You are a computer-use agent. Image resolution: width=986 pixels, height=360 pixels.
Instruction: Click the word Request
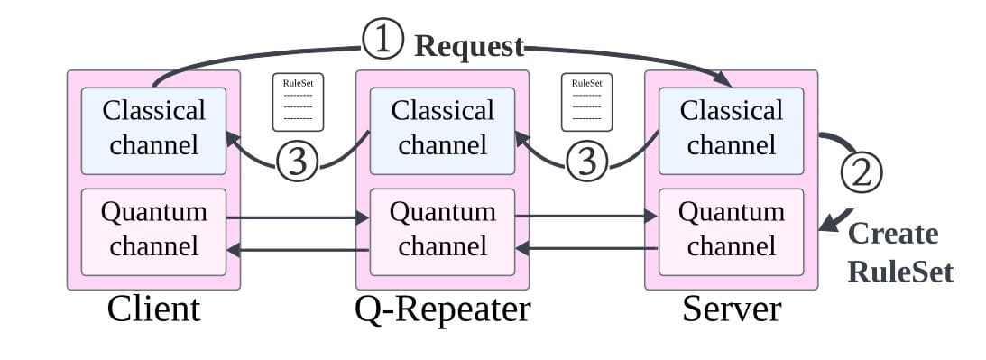468,46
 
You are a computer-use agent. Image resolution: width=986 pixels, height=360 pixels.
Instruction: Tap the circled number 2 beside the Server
862,171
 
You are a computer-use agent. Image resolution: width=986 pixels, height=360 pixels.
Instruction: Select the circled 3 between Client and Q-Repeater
299,162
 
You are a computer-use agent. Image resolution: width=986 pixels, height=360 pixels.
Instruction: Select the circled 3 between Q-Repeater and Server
587,162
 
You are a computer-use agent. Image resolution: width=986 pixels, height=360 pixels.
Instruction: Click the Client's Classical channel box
153,129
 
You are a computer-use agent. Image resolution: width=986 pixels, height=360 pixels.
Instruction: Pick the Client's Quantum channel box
153,230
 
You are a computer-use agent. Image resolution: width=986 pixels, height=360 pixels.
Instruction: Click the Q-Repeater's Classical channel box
442,129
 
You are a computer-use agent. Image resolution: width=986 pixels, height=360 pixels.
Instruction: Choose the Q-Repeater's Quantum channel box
442,230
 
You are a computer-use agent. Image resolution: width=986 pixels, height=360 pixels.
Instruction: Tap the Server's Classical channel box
731,129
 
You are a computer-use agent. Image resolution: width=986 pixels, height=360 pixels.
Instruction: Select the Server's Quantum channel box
731,230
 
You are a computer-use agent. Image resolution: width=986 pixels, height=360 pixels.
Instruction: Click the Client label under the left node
153,309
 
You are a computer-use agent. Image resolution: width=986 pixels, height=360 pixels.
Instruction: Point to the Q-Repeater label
442,309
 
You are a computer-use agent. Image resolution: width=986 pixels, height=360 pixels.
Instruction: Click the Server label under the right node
731,309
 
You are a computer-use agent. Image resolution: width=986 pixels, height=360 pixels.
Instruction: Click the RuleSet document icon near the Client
298,101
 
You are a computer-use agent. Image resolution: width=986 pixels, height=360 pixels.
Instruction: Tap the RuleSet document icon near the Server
586,101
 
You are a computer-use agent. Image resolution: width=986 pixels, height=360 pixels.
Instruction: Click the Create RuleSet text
898,252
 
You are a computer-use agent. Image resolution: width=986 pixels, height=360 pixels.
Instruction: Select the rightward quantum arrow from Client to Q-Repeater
298,217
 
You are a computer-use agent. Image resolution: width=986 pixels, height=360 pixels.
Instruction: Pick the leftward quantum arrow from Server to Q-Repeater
586,247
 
